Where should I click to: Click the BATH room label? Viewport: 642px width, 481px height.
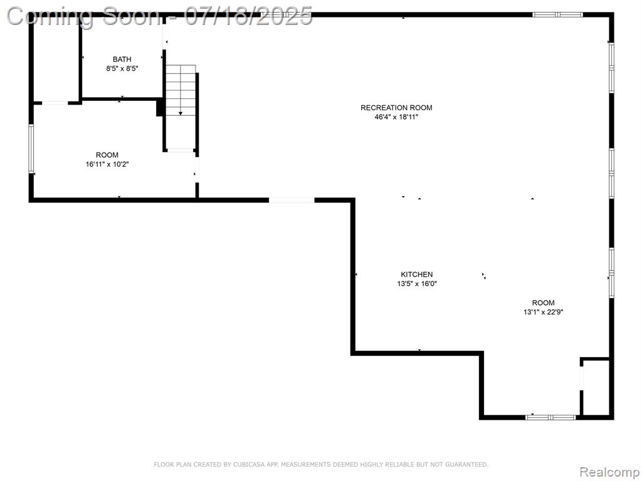[122, 59]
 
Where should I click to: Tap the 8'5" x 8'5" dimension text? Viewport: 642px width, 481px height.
[122, 69]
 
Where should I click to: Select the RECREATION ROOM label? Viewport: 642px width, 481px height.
[396, 108]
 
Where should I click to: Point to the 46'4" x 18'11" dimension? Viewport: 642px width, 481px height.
[396, 117]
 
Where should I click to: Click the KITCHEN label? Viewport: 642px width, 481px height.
[417, 274]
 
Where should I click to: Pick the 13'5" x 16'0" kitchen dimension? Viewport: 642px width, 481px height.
[417, 284]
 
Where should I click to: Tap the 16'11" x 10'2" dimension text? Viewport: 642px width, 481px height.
[107, 165]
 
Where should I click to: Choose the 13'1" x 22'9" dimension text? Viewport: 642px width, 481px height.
[544, 312]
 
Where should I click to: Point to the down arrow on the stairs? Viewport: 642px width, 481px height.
[181, 113]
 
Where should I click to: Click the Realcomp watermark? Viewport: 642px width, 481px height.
[610, 472]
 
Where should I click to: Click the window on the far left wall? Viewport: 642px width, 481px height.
[31, 148]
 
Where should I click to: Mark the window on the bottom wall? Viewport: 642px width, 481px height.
[550, 417]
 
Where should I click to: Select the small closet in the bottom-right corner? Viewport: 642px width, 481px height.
[596, 388]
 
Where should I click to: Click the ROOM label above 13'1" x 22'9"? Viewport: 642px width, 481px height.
[544, 303]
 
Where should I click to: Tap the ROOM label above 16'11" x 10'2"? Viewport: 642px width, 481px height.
[107, 155]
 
